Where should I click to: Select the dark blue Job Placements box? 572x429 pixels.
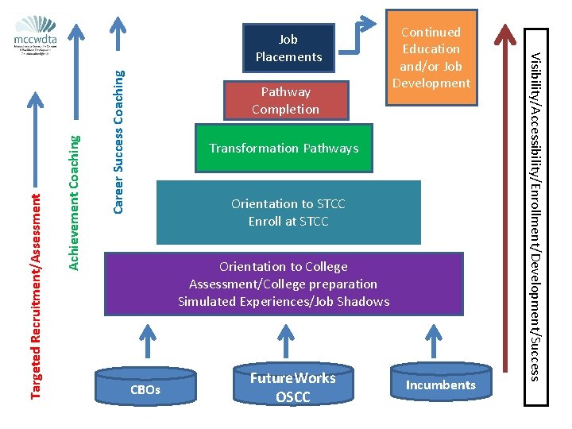click(288, 48)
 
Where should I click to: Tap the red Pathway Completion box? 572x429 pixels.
click(285, 101)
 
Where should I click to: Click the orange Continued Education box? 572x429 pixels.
click(431, 58)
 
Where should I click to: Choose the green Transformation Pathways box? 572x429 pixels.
click(284, 149)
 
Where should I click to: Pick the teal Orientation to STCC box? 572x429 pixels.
click(288, 212)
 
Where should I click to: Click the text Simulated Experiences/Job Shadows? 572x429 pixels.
click(284, 301)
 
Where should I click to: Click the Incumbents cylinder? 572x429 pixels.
click(440, 384)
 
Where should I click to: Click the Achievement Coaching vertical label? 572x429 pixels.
click(74, 202)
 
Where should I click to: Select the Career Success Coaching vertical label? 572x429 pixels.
click(118, 141)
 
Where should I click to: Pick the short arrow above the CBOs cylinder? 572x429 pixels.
click(145, 342)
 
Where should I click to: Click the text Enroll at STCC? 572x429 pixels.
click(288, 222)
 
